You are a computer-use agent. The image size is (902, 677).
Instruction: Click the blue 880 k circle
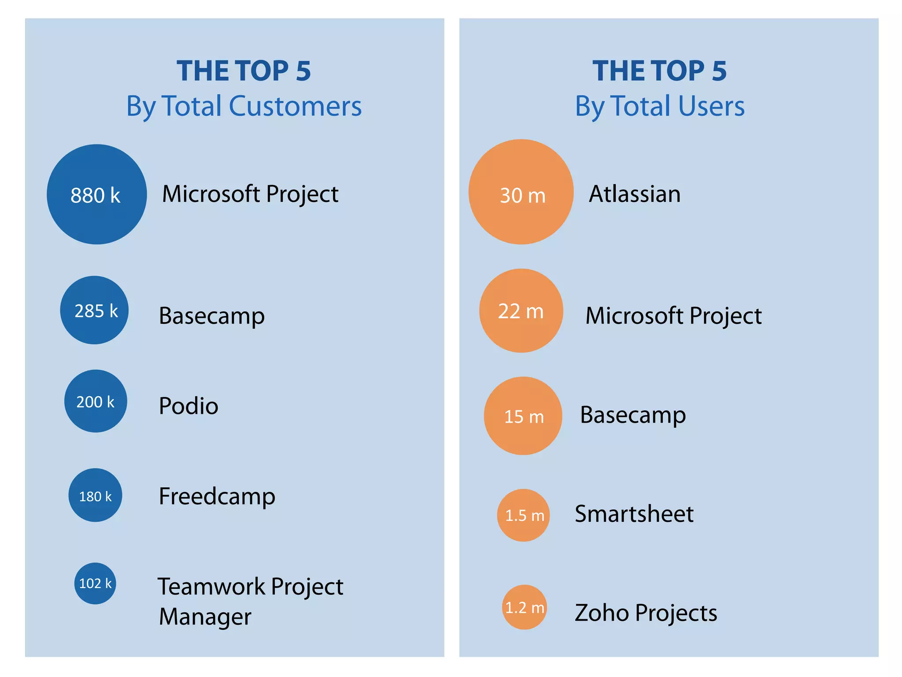[96, 194]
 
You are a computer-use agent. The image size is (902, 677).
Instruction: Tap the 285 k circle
[94, 310]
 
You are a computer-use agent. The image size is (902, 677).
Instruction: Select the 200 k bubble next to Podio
[96, 401]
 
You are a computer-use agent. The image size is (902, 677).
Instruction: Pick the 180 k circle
[95, 495]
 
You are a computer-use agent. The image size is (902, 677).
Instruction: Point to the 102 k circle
[95, 583]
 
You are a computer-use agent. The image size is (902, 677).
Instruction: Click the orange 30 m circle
[521, 192]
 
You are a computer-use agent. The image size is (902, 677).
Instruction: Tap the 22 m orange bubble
[521, 311]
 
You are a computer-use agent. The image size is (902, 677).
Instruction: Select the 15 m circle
[523, 416]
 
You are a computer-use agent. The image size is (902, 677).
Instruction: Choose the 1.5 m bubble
[523, 515]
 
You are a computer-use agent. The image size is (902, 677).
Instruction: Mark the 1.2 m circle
[524, 607]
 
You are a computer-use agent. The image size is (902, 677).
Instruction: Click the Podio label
[189, 405]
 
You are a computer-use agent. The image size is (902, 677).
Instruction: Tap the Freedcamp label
[217, 496]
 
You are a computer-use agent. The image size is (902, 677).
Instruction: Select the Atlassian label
[635, 194]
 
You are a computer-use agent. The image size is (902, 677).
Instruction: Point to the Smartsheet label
[634, 514]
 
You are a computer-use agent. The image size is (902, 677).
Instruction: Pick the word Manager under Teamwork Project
[205, 617]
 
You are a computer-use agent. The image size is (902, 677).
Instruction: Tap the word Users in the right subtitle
[711, 106]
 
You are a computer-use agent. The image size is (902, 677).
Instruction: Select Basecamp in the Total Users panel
[633, 415]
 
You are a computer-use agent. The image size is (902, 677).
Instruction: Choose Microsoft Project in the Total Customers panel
[250, 194]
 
